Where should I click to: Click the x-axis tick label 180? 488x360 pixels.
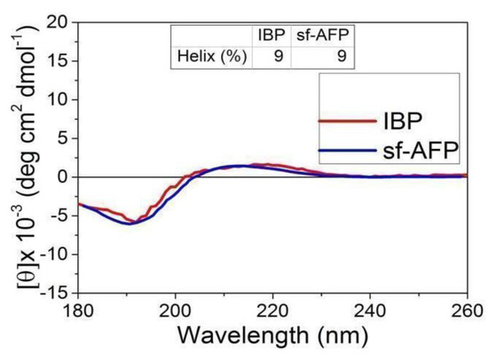79,311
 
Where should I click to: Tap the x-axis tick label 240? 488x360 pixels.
370,311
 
